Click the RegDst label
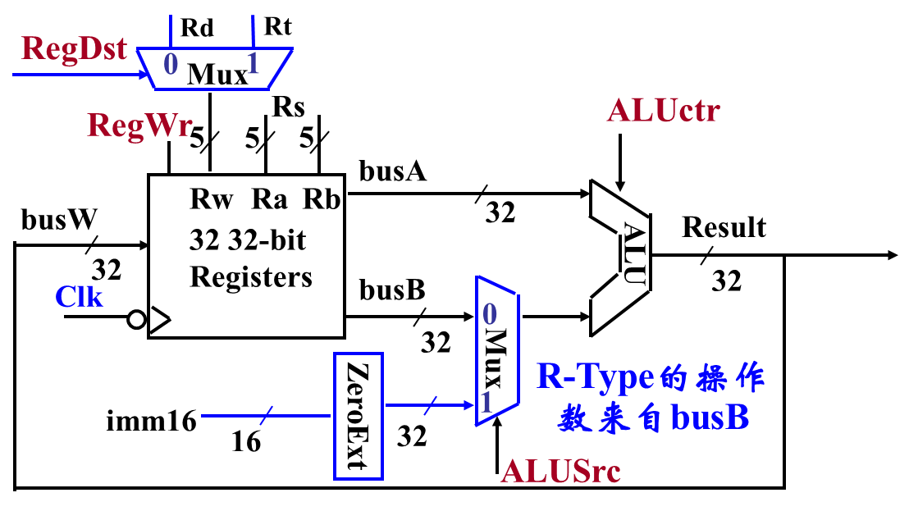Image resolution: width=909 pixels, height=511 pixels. tap(74, 48)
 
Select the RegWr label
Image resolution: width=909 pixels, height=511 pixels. tap(140, 125)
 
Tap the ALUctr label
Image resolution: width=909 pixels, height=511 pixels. tap(663, 111)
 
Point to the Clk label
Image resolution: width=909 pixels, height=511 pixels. tap(79, 296)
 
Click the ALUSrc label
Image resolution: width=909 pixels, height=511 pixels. tap(560, 471)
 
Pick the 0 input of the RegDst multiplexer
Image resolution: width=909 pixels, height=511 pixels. tap(171, 64)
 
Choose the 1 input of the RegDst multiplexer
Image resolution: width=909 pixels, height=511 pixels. tap(254, 64)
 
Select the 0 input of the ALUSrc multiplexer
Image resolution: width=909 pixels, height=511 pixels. tap(490, 314)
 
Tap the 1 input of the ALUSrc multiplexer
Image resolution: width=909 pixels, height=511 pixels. tap(486, 402)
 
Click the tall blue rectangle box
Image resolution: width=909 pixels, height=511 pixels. tap(358, 416)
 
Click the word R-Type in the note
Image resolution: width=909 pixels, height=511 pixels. tap(596, 376)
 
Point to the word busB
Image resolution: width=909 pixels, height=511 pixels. tap(710, 418)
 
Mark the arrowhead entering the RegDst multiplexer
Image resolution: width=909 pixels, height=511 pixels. tap(145, 75)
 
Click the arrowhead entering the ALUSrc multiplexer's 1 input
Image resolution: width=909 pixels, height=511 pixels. tap(470, 404)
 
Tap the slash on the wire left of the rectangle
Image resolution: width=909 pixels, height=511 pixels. tap(265, 416)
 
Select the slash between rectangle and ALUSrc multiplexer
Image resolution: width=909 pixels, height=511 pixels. tap(431, 404)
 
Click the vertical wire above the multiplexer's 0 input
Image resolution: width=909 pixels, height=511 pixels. tap(171, 30)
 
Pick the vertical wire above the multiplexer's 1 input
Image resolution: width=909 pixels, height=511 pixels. tap(254, 30)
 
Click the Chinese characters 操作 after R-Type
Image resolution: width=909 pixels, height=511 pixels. tap(730, 377)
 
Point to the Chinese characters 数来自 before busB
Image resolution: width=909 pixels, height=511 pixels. tap(611, 419)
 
